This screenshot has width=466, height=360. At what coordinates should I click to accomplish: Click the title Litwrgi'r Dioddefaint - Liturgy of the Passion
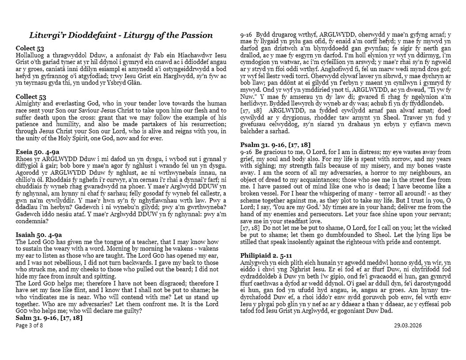120,35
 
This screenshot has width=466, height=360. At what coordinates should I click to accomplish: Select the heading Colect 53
30,49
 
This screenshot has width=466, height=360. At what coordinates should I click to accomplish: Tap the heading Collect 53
31,97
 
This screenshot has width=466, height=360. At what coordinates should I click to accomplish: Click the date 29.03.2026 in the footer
408,325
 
